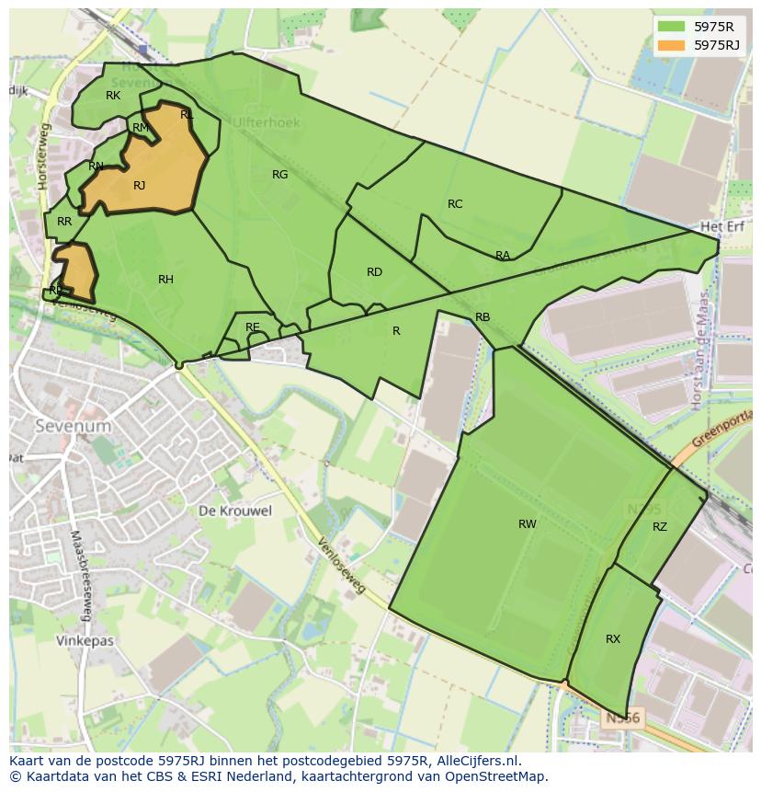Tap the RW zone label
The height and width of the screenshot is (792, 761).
[x=527, y=524]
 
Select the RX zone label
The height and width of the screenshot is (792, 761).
[x=613, y=639]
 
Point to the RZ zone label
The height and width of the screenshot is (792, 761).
[x=660, y=527]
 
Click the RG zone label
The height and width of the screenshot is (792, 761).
[x=279, y=175]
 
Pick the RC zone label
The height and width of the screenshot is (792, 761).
[x=455, y=204]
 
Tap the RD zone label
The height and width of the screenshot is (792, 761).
[x=374, y=272]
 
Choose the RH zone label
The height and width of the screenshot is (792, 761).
[x=165, y=280]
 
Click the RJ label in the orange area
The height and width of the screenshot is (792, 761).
[x=139, y=186]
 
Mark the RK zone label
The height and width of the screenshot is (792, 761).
[x=113, y=96]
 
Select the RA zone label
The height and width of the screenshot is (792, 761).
[x=503, y=256]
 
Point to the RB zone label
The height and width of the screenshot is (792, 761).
[x=483, y=317]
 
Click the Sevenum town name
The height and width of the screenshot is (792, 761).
[x=73, y=426]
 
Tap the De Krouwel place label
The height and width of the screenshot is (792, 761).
[x=235, y=511]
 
